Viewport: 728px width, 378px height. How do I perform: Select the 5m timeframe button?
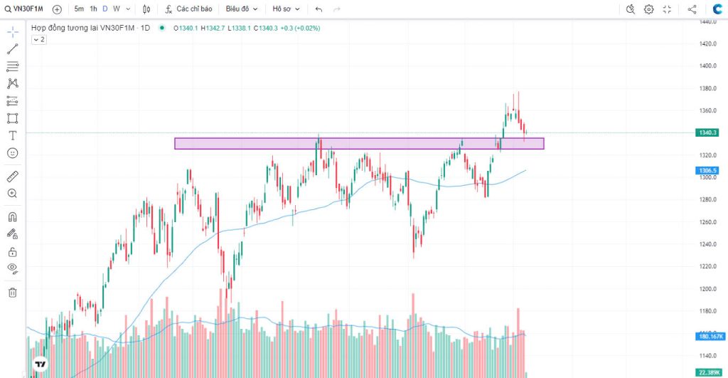click(78, 9)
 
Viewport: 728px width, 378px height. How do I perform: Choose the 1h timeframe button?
click(93, 9)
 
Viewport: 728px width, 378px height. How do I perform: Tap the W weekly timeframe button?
click(116, 9)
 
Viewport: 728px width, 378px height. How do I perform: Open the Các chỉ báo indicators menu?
click(188, 9)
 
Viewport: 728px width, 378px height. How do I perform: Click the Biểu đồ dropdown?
click(241, 9)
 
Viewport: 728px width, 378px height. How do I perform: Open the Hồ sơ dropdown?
click(287, 9)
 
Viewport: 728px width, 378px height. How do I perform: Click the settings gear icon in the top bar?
click(649, 9)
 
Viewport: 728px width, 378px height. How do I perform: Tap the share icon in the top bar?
click(692, 9)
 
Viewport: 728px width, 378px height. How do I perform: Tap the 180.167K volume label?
click(710, 336)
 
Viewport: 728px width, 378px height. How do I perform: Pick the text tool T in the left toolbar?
click(12, 135)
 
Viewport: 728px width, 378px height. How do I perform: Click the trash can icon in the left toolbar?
click(12, 292)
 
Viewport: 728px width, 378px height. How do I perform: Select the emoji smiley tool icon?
click(12, 153)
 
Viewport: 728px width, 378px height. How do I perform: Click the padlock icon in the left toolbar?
click(12, 252)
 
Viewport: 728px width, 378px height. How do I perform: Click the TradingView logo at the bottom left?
click(41, 364)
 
